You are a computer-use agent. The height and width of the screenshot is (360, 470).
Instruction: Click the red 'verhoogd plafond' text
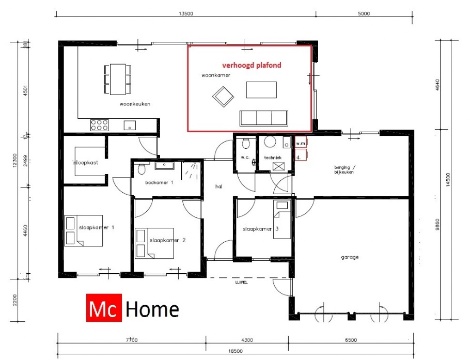click(251, 66)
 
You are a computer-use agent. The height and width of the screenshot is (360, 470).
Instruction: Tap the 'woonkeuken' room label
click(135, 104)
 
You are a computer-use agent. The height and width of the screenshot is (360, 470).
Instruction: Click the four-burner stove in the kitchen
click(99, 124)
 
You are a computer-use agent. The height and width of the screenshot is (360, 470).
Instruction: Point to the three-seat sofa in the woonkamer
click(263, 118)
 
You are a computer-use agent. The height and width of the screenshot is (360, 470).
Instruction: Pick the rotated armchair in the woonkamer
click(223, 96)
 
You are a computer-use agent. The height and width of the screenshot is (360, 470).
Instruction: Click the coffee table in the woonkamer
click(261, 90)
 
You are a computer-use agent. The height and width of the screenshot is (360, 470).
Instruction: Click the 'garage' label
click(350, 257)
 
